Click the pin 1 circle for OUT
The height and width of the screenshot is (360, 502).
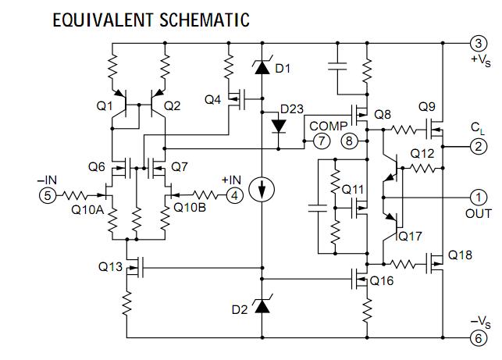click(x=476, y=198)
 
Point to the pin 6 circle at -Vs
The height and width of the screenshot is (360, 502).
click(x=476, y=339)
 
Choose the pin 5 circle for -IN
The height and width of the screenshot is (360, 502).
click(x=48, y=197)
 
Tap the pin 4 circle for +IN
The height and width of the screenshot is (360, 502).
click(x=233, y=197)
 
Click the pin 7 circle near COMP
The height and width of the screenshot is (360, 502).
click(x=321, y=141)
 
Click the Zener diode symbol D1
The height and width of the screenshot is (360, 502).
click(x=261, y=69)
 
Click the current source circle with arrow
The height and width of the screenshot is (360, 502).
click(x=261, y=188)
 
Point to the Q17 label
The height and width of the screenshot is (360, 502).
click(x=410, y=234)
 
